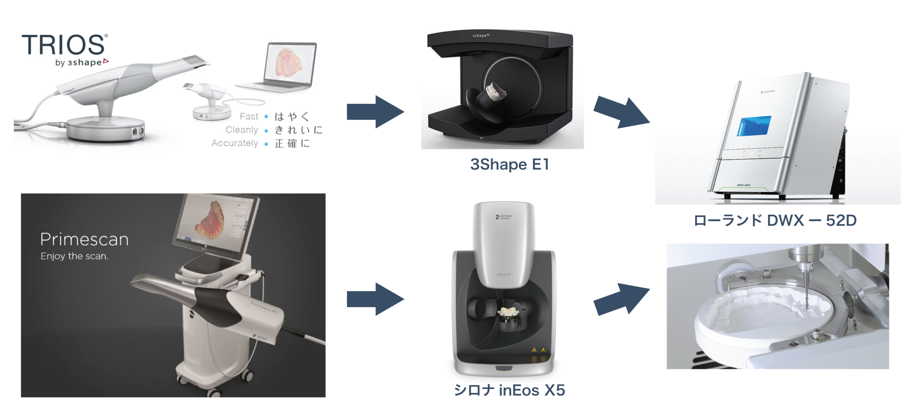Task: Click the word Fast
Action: click(x=249, y=116)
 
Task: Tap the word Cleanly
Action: click(x=241, y=130)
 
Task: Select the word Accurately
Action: click(x=234, y=143)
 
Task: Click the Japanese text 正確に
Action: click(x=292, y=143)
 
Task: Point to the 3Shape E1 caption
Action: click(x=509, y=164)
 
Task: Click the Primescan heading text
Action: click(x=84, y=239)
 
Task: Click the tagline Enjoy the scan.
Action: click(x=74, y=256)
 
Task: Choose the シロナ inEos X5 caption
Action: click(x=509, y=390)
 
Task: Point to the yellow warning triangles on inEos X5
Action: click(x=538, y=349)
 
